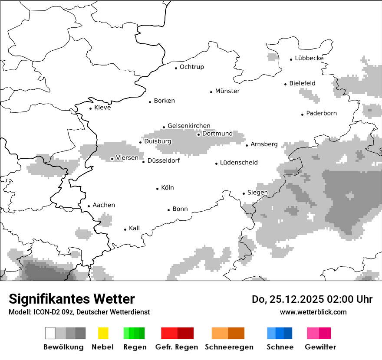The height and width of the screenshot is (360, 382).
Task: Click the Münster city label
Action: [227, 91]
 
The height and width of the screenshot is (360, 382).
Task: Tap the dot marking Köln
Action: [158, 189]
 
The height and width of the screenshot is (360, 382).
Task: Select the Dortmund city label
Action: [217, 134]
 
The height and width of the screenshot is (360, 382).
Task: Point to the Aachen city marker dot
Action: [89, 206]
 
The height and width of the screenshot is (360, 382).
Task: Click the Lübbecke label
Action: [309, 58]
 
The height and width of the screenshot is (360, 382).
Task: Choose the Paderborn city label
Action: [321, 114]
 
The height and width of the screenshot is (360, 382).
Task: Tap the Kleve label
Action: [102, 108]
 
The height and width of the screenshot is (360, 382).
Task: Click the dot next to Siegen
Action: [244, 193]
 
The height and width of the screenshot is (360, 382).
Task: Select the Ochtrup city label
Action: [191, 67]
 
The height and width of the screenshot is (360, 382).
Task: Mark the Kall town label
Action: [134, 228]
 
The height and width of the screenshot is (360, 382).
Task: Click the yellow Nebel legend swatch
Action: [103, 333]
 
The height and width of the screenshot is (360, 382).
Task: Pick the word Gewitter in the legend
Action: [320, 347]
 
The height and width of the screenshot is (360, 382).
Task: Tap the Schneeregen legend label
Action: [229, 347]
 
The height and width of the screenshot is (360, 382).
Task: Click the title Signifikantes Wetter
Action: [72, 299]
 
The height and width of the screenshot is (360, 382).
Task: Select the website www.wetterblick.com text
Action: [313, 312]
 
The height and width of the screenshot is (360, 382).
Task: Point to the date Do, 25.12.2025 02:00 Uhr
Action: [312, 299]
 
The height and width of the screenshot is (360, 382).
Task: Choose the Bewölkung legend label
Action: [63, 347]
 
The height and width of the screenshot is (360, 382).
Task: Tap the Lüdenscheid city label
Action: [238, 163]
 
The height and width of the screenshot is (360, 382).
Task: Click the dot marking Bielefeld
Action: [285, 84]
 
